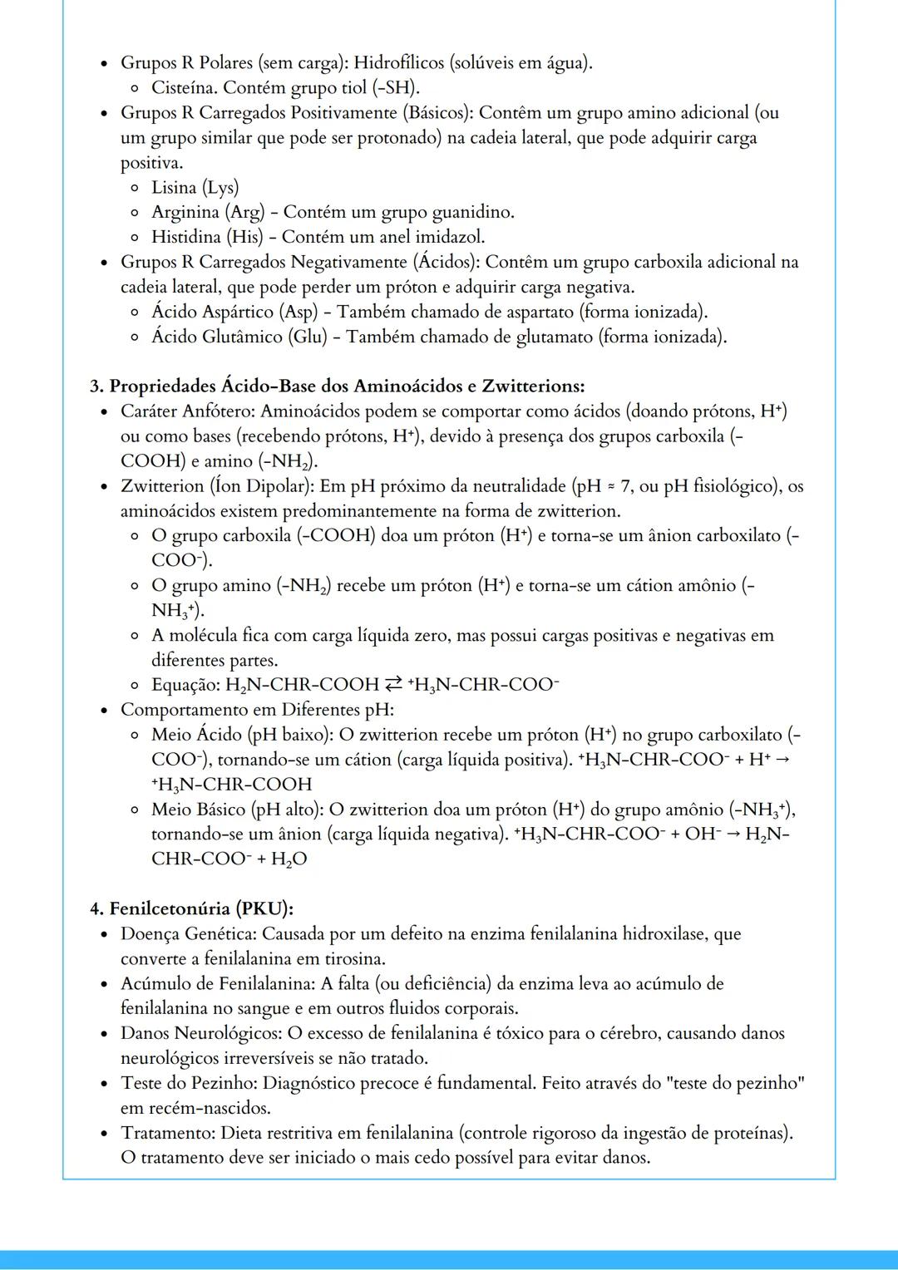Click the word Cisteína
[185, 87]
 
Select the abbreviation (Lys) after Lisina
[220, 187]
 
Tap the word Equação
[185, 685]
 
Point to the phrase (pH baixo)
[292, 735]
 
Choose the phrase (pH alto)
[286, 810]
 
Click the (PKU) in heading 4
[265, 909]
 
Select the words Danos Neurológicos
[200, 1034]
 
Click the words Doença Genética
[187, 934]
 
